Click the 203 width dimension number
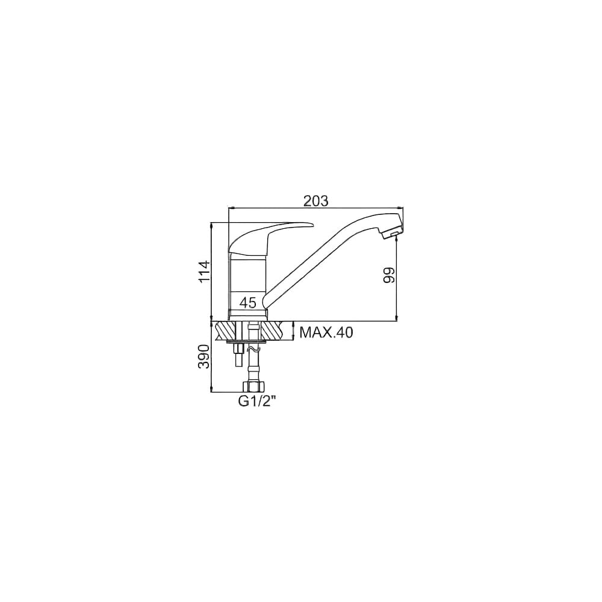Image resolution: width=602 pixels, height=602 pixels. [316, 201]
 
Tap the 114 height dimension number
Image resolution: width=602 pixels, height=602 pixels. [204, 272]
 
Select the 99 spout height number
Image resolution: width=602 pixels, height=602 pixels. [389, 276]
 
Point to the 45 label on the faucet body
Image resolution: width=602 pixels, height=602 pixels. [247, 303]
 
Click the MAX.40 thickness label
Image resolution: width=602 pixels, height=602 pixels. [326, 332]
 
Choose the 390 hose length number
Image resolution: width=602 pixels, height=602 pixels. [204, 356]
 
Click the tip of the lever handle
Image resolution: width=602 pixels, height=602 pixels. [312, 225]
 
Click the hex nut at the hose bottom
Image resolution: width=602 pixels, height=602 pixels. [252, 386]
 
